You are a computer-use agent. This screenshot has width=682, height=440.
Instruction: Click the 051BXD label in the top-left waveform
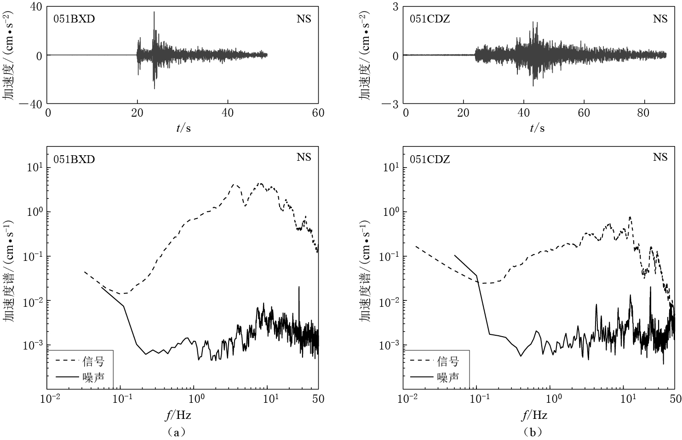74,19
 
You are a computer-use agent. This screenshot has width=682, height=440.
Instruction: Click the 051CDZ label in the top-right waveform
430,19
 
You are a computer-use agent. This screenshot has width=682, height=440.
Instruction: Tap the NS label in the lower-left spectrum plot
304,158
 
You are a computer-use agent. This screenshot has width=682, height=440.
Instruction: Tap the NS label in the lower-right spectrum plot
660,158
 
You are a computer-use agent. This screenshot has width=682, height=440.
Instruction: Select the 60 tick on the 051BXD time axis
318,113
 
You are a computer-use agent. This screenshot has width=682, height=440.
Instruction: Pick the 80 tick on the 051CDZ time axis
643,113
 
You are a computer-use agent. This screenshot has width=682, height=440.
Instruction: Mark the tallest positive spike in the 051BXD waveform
154,12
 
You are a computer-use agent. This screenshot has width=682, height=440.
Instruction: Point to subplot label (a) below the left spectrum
177,432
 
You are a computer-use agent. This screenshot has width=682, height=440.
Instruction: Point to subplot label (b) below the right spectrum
533,432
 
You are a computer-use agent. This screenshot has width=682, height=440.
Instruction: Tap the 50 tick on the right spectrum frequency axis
675,399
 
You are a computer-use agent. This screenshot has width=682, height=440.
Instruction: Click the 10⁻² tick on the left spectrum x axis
50,399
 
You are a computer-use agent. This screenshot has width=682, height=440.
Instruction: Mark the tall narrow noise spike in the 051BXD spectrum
299,287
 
